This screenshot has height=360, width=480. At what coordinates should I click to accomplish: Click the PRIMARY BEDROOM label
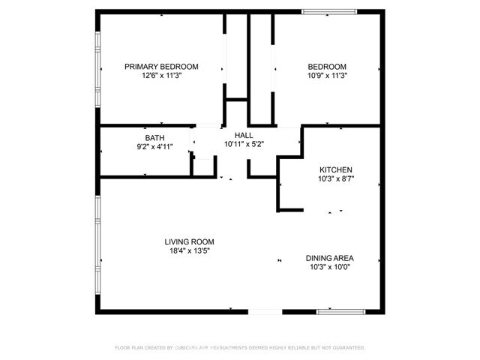(x=161, y=66)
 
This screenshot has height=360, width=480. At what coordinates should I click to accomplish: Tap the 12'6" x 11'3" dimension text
(x=161, y=75)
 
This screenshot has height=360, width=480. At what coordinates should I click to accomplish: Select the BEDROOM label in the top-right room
(x=327, y=66)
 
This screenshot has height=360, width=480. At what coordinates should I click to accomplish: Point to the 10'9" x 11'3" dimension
(x=327, y=75)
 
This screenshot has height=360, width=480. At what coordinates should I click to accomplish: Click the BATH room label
(x=154, y=138)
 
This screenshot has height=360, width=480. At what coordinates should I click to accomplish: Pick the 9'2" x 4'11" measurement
(x=154, y=147)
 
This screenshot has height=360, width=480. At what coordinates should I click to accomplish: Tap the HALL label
(x=244, y=135)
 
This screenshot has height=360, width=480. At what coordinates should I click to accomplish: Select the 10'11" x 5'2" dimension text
(x=244, y=144)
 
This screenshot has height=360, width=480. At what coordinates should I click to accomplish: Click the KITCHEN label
(x=335, y=170)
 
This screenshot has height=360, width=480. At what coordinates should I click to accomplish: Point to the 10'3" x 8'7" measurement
(x=335, y=179)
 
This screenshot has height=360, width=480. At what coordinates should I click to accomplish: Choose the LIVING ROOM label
(x=189, y=241)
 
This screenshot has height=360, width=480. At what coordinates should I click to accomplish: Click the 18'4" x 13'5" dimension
(x=189, y=250)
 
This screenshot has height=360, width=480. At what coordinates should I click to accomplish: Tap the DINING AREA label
(x=330, y=257)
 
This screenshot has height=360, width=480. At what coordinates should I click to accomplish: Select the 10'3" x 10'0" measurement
(x=330, y=266)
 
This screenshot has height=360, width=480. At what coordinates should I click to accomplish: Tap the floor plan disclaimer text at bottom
(x=240, y=348)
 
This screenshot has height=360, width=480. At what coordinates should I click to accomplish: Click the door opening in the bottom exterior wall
(x=265, y=311)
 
